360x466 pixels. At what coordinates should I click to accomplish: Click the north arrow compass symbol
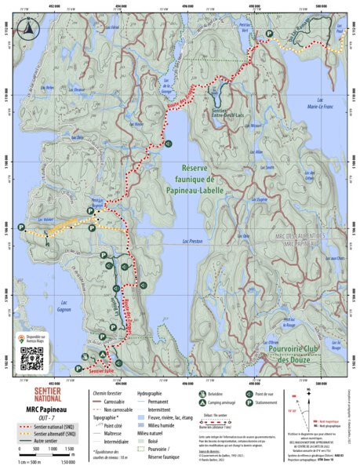(x=28, y=29)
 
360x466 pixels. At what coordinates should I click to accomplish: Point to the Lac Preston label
(x=191, y=242)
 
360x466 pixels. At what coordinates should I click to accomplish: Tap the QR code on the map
(x=29, y=358)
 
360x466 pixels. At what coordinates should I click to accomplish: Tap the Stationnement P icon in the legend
(x=250, y=401)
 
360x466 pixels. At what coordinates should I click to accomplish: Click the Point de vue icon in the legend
(x=250, y=392)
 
